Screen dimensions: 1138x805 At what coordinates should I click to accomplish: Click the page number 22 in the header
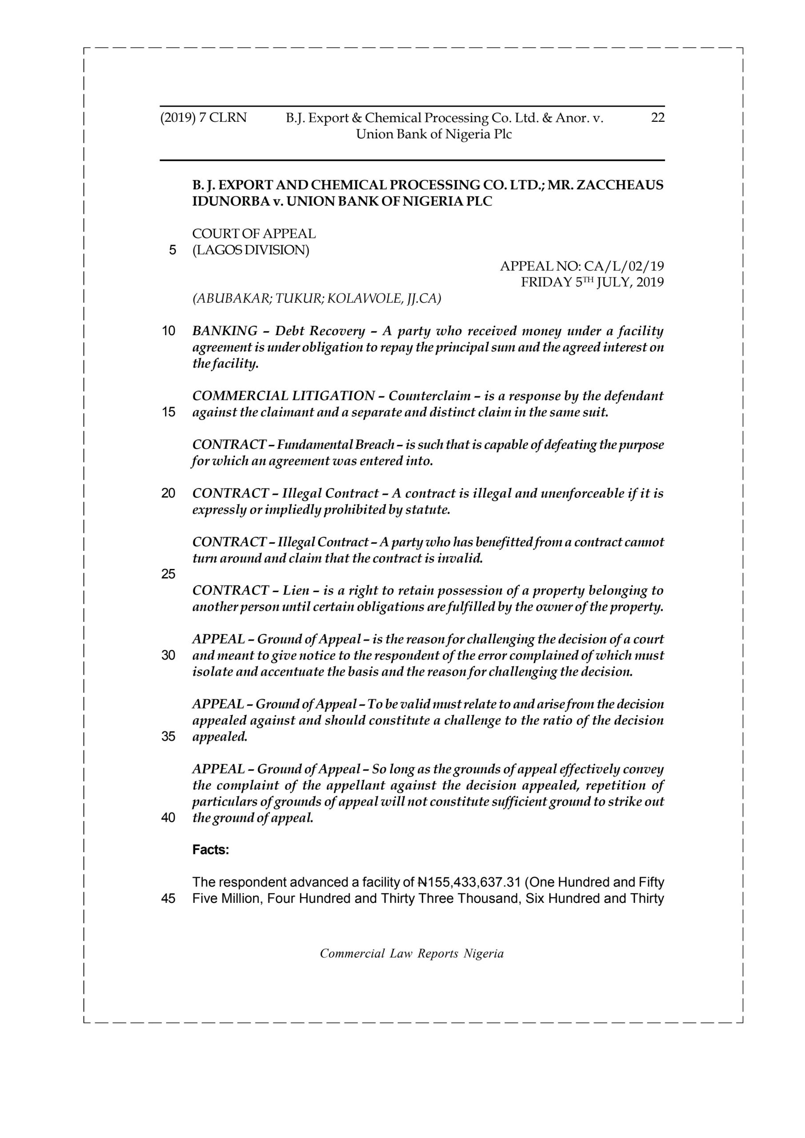tap(657, 118)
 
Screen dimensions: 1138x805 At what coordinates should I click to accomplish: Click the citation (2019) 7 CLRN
tap(203, 118)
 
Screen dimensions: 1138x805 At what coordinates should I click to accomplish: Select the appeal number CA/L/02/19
tap(624, 266)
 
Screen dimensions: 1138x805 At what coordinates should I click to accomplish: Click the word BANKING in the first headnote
tap(224, 331)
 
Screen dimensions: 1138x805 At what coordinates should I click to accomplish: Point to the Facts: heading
tap(211, 850)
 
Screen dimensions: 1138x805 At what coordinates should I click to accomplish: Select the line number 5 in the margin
tap(172, 250)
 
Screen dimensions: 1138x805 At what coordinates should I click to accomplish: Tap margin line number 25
tap(168, 574)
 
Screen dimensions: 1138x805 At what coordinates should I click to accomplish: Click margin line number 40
tap(168, 818)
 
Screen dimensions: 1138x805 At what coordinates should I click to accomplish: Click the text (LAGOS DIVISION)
tap(250, 250)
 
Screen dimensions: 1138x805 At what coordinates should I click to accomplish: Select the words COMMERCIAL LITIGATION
tap(283, 396)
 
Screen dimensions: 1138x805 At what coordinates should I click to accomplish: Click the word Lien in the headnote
tap(296, 590)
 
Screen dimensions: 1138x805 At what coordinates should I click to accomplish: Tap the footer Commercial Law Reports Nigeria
tap(412, 953)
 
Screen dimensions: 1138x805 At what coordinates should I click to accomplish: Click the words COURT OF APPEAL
tap(254, 233)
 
